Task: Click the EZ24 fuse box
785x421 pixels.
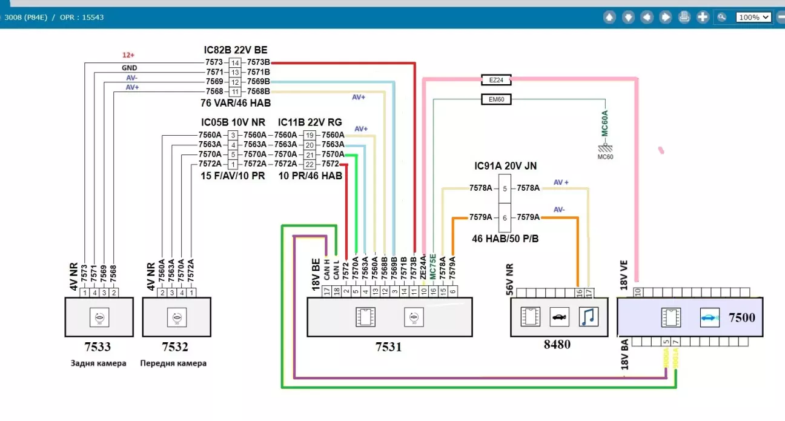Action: [496, 79]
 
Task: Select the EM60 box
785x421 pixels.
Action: [496, 99]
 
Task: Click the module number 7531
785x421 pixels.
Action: [388, 347]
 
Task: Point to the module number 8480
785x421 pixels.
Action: [557, 345]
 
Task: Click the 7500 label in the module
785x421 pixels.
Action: [742, 317]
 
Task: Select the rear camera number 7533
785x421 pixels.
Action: [98, 347]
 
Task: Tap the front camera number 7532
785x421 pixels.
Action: [176, 347]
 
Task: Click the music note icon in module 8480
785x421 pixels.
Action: [588, 317]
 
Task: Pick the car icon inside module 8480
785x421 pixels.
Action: [559, 317]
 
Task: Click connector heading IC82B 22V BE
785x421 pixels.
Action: [235, 50]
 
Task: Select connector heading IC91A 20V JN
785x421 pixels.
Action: [505, 165]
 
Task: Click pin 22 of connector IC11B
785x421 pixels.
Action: [310, 164]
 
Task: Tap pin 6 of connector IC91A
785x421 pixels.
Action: [505, 217]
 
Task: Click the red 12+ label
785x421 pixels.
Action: [128, 55]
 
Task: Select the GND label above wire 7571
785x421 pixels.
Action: [129, 68]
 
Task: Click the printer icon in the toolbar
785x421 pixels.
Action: [684, 17]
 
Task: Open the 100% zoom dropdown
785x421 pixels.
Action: [754, 17]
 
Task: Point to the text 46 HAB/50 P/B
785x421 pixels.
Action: [505, 239]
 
